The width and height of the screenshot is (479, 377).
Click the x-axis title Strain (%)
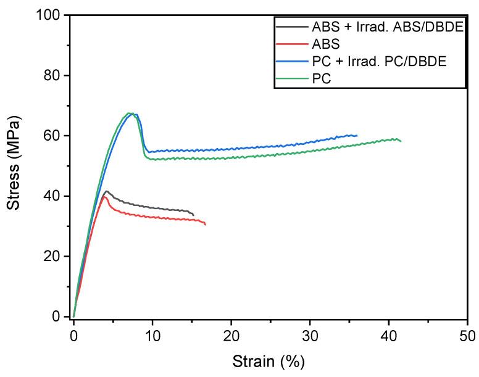(269, 359)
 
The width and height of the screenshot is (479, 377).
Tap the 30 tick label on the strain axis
(310, 336)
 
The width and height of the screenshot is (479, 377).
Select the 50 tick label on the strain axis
(467, 336)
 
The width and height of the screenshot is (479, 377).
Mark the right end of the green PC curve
(401, 141)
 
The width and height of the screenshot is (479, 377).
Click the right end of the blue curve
(357, 135)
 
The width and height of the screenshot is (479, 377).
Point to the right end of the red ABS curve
(206, 225)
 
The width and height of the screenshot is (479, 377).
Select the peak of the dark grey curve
(106, 191)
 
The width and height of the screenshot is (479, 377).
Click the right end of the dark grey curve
(193, 215)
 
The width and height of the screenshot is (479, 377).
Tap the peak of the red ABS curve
(104, 197)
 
